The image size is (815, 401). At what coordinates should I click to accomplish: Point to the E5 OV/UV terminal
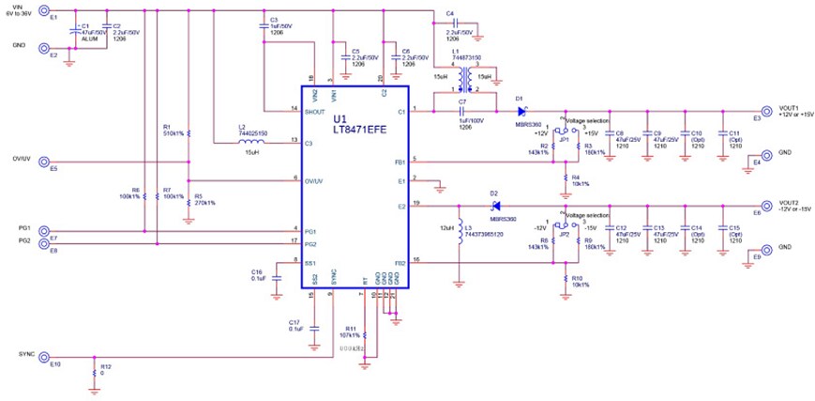pos(44,162)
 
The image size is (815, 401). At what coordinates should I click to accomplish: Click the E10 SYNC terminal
pos(44,359)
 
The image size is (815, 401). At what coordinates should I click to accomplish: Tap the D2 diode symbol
pos(494,205)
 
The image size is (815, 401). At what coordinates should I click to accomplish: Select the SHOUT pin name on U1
pos(315,111)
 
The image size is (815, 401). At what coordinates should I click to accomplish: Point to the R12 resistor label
pos(105,366)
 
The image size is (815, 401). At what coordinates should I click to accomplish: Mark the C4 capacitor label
pos(450,14)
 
